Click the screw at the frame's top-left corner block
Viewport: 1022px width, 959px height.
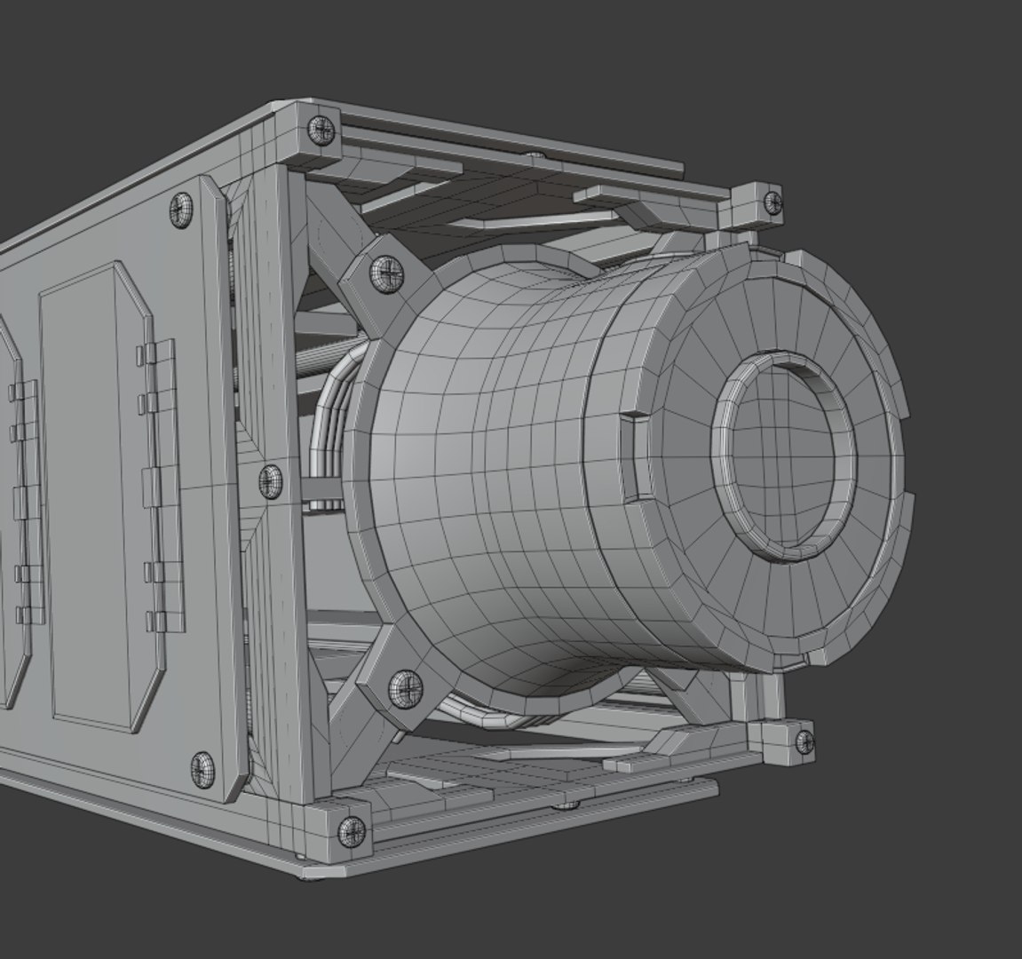321,131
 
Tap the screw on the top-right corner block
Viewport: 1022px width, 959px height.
772,202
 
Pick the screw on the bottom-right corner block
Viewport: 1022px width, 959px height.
803,741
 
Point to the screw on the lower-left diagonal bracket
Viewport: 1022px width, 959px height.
407,688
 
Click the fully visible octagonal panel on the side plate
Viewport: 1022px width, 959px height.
93,497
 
